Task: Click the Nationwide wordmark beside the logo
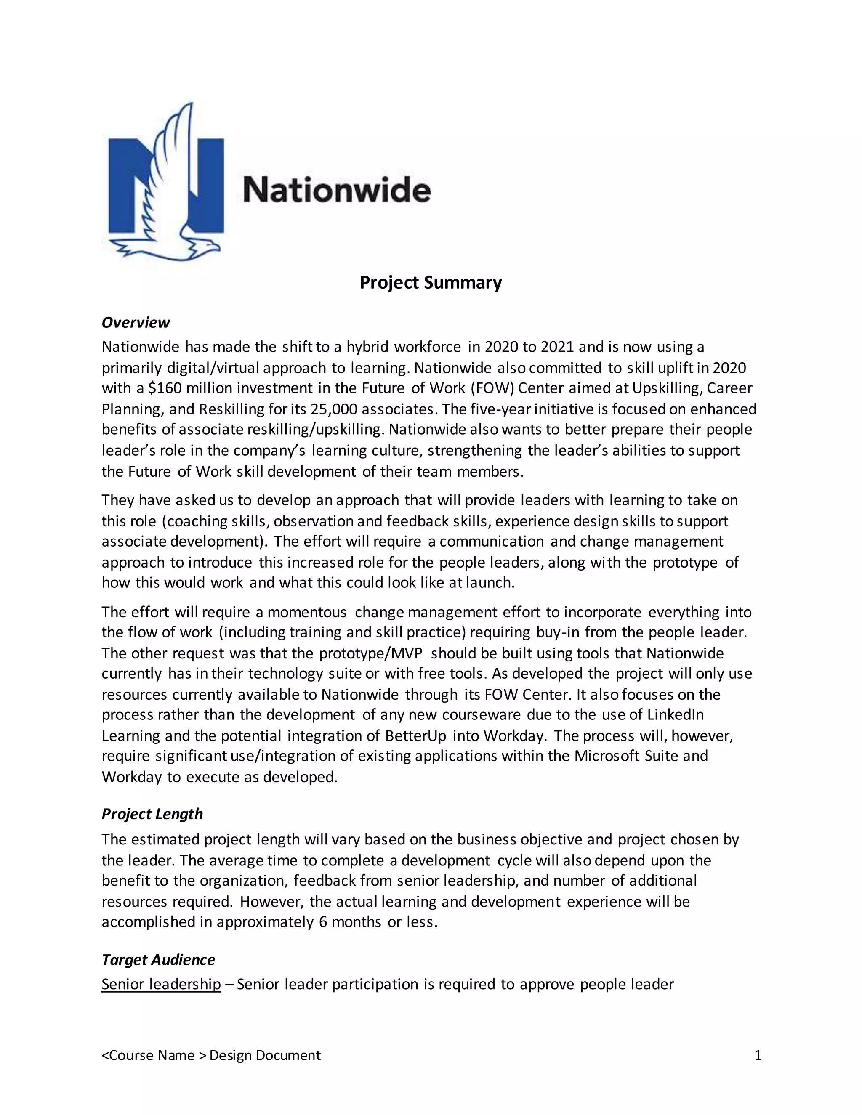tap(337, 190)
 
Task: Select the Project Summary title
tap(431, 282)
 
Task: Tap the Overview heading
tap(136, 323)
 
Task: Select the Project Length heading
tap(152, 814)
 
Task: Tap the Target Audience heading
tap(158, 960)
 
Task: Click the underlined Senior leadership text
tap(161, 984)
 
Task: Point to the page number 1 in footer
tap(758, 1055)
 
